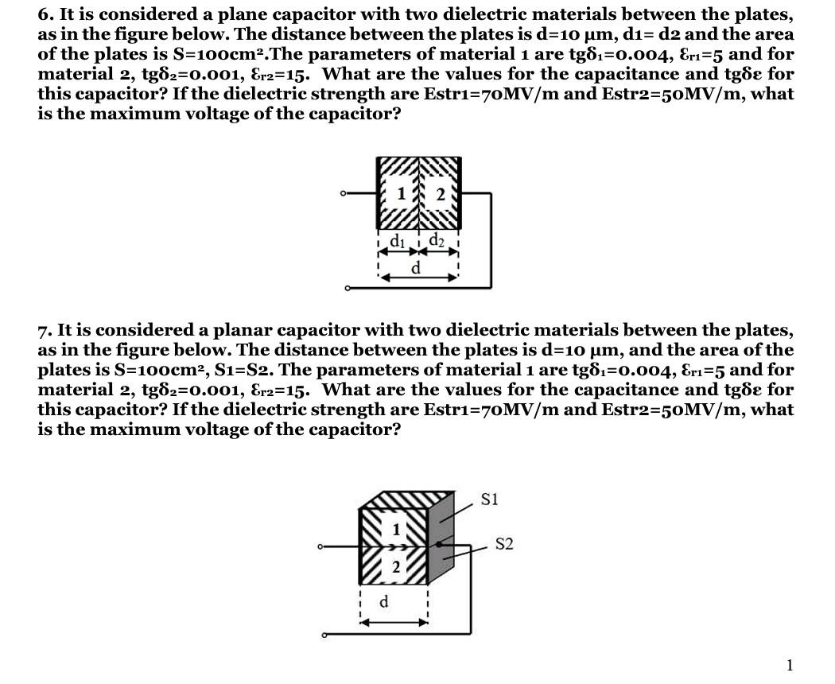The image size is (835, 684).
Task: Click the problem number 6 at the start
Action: click(43, 14)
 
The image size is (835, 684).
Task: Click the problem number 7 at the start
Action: click(43, 330)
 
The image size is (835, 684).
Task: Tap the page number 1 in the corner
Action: click(789, 665)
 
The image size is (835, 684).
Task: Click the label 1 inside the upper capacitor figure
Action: click(402, 192)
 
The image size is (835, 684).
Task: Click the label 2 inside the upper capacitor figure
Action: click(440, 192)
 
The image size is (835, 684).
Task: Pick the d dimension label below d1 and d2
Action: click(416, 268)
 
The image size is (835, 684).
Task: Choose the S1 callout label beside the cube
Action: click(489, 499)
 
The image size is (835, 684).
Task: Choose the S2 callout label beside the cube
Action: click(504, 544)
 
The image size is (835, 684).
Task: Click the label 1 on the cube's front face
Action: click(395, 528)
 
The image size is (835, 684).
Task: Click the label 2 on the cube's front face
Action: click(395, 566)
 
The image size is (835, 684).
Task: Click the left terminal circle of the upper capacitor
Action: click(343, 193)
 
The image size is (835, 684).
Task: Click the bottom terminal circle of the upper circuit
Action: click(348, 288)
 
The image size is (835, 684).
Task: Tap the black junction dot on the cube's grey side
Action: click(438, 545)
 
